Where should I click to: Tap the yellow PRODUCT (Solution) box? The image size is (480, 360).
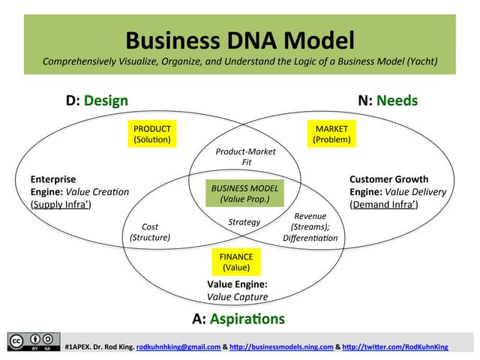click(x=152, y=134)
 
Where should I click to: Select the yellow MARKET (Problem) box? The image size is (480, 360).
click(x=331, y=134)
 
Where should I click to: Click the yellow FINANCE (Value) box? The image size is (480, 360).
click(x=236, y=262)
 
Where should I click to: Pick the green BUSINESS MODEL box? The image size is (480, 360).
click(x=244, y=193)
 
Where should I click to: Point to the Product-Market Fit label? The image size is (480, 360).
click(x=245, y=156)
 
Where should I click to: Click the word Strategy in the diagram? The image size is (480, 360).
click(x=244, y=222)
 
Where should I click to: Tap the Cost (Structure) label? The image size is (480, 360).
click(x=150, y=232)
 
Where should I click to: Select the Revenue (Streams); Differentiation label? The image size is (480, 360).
click(x=310, y=226)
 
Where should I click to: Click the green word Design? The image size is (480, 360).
click(x=106, y=100)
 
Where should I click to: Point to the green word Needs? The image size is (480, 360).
click(x=397, y=100)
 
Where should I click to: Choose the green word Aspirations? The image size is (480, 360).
click(x=247, y=319)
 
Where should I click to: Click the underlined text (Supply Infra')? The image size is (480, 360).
click(x=61, y=204)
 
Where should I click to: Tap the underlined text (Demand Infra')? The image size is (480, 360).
click(x=384, y=204)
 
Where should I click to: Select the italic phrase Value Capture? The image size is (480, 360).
click(x=237, y=297)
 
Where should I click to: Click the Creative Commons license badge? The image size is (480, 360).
click(x=34, y=341)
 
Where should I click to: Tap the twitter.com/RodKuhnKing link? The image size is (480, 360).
click(x=405, y=346)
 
